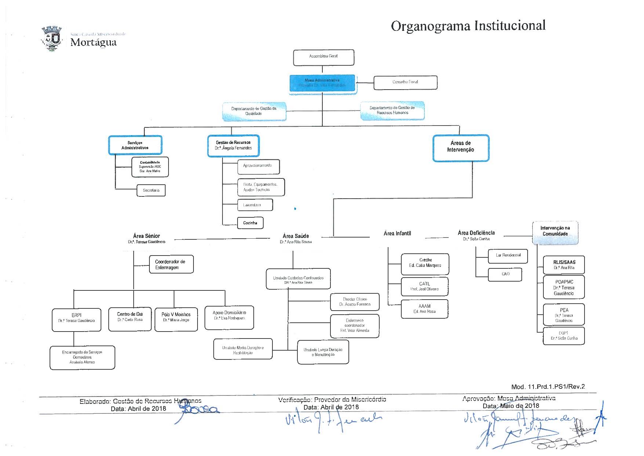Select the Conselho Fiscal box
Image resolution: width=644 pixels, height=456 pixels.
pyautogui.click(x=405, y=82)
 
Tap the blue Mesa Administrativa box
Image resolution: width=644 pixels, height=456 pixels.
pyautogui.click(x=322, y=83)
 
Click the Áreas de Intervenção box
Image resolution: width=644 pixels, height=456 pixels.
pyautogui.click(x=461, y=148)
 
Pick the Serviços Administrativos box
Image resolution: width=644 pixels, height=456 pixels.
pyautogui.click(x=135, y=145)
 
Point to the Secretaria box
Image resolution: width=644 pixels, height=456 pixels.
pyautogui.click(x=151, y=190)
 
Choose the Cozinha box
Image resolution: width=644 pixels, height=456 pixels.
pyautogui.click(x=250, y=222)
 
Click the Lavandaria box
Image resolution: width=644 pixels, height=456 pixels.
pyautogui.click(x=255, y=205)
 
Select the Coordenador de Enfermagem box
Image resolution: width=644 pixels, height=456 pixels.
pyautogui.click(x=171, y=264)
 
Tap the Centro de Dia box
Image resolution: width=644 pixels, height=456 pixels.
pyautogui.click(x=130, y=319)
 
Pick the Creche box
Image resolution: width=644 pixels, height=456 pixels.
pyautogui.click(x=425, y=264)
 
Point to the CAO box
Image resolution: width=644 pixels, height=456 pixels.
pyautogui.click(x=505, y=275)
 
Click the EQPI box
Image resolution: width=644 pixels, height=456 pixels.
pyautogui.click(x=564, y=336)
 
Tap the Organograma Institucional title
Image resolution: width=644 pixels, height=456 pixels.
pyautogui.click(x=468, y=26)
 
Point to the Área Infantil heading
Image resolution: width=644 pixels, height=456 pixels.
pyautogui.click(x=397, y=233)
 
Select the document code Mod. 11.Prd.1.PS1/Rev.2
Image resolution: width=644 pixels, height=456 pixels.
pyautogui.click(x=548, y=386)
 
